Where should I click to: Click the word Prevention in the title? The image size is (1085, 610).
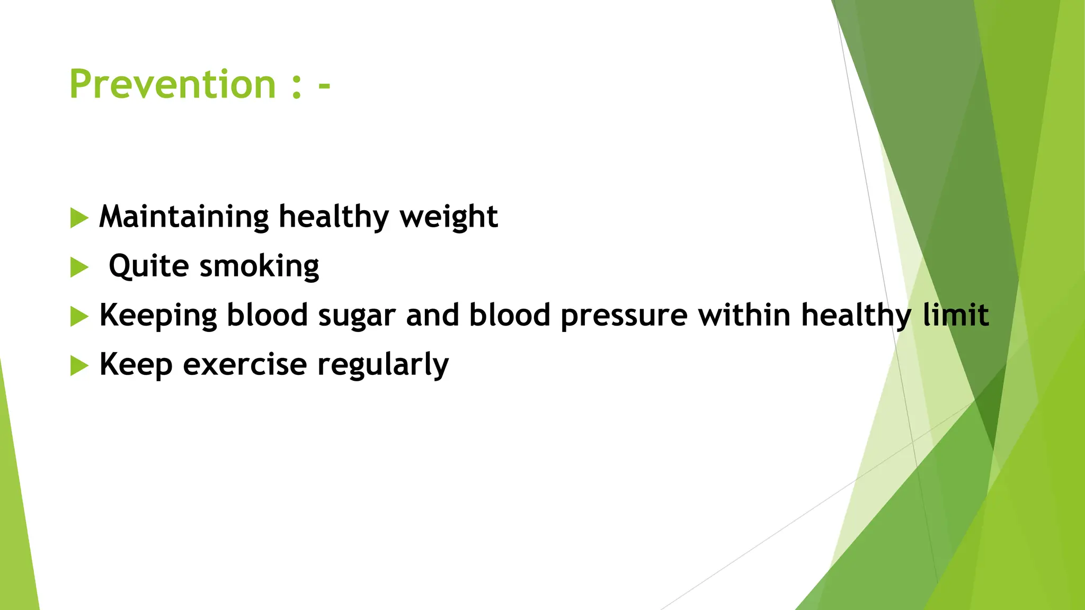click(x=172, y=85)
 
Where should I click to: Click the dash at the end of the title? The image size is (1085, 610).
click(x=324, y=87)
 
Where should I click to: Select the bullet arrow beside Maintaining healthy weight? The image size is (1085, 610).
click(x=78, y=218)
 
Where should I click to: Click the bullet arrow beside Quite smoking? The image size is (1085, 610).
click(x=78, y=267)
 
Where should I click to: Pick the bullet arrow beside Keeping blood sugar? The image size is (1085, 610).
click(x=78, y=317)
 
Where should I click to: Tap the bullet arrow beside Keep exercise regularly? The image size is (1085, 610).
click(x=78, y=365)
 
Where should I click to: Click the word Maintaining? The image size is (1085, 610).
click(x=184, y=217)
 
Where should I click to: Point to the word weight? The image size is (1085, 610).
click(x=448, y=217)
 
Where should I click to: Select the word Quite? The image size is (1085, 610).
click(x=148, y=266)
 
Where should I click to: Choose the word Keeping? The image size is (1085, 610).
click(x=158, y=316)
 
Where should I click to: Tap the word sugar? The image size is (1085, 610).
click(x=357, y=316)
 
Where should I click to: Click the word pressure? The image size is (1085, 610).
click(x=624, y=316)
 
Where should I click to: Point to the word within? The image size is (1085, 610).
click(x=744, y=315)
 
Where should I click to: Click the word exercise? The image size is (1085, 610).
click(x=245, y=365)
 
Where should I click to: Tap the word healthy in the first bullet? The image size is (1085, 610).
click(x=334, y=217)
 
